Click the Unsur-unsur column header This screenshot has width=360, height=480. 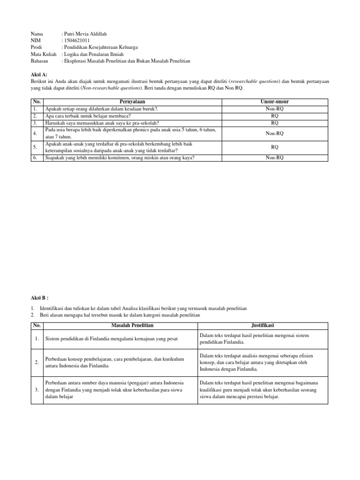click(x=274, y=101)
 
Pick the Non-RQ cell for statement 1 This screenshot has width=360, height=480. click(x=274, y=108)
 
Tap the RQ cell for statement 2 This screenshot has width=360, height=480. click(x=274, y=116)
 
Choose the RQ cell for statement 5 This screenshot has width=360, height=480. click(x=274, y=147)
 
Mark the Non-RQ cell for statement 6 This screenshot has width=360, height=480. click(x=274, y=158)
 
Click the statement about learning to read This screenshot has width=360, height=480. click(x=88, y=116)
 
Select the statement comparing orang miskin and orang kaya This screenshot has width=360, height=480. click(x=120, y=158)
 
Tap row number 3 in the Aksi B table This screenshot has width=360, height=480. click(x=37, y=390)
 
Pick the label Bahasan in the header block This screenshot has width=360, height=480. click(x=40, y=61)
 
